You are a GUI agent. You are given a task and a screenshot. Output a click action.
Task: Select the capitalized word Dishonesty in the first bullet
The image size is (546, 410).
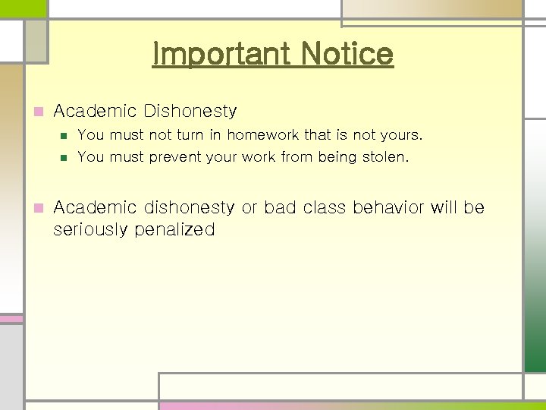189,112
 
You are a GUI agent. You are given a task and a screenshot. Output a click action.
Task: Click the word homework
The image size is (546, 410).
263,135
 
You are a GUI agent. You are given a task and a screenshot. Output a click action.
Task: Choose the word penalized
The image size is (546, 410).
175,229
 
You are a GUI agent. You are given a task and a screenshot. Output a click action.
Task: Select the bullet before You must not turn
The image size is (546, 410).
64,136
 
